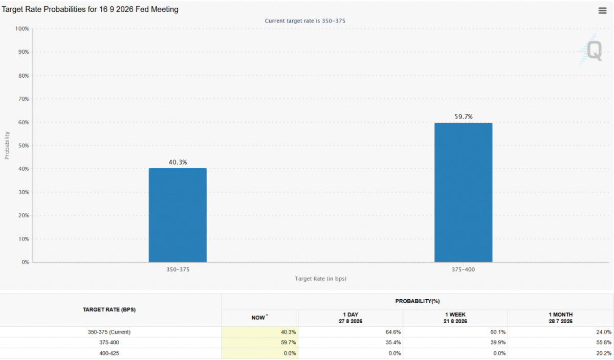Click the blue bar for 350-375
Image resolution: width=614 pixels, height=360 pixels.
pos(178,215)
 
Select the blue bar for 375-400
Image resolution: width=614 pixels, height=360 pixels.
pos(463,192)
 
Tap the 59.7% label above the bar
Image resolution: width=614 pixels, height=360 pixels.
pos(464,117)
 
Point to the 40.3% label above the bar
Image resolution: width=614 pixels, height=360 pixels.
pos(178,162)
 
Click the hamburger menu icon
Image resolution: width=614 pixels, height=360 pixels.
pos(602,11)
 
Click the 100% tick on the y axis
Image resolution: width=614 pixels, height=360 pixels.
pos(22,29)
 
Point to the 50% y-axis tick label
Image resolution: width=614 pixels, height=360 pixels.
pos(24,145)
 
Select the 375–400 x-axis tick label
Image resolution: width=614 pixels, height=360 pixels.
pos(463,269)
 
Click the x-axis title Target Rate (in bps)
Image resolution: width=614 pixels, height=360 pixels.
pos(320,279)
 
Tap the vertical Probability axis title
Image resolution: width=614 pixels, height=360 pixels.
pos(7,145)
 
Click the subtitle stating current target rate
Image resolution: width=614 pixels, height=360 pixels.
pos(305,21)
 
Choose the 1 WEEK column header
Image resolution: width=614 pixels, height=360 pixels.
pos(455,318)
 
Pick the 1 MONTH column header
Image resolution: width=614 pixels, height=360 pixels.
pos(561,318)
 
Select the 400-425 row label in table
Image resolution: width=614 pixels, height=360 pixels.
pos(109,353)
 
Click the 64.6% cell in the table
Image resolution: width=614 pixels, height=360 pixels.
pos(393,332)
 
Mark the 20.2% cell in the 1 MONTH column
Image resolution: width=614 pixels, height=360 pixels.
pos(604,353)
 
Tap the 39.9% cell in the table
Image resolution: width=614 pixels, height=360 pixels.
pos(498,343)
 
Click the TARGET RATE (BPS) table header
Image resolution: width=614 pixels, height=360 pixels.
pos(109,309)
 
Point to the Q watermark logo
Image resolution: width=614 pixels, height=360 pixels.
pos(591,51)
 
